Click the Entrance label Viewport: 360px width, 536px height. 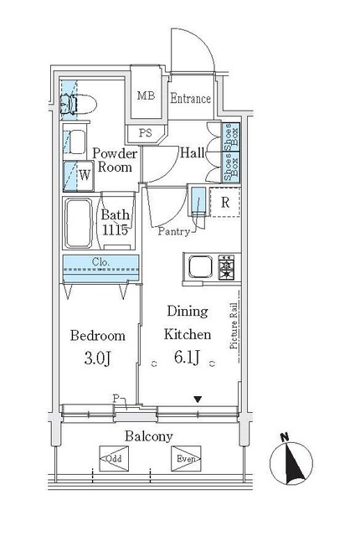pos(191,99)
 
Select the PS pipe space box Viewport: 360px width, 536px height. pos(146,132)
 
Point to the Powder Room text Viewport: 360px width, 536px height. pos(114,160)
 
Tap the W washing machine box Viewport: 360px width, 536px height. pos(85,176)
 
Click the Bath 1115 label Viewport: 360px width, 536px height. pos(115,221)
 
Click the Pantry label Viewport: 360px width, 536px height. pos(174,229)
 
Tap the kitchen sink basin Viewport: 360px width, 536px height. pos(200,268)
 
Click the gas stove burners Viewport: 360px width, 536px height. pos(226,268)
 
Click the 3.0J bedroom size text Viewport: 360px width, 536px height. pos(98,359)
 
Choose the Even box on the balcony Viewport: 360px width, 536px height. pos(187,458)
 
